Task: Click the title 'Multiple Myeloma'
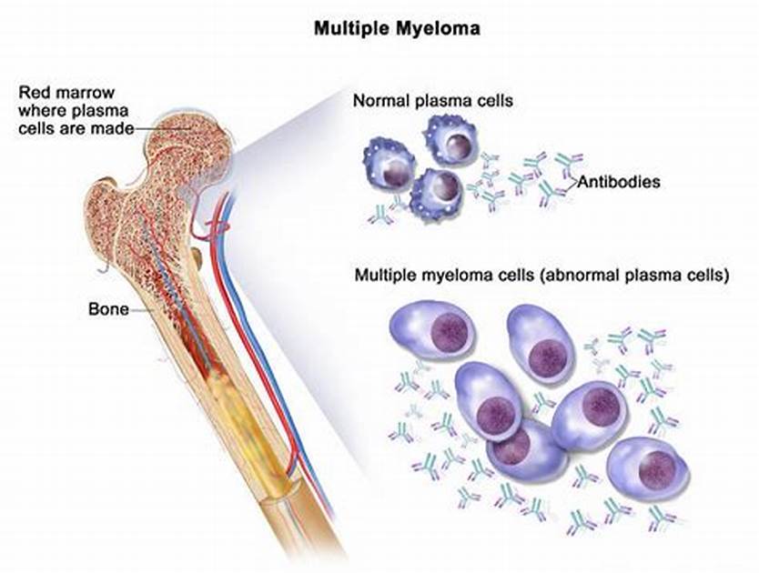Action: click(397, 28)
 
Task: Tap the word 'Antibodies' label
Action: click(618, 182)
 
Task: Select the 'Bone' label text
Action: click(108, 308)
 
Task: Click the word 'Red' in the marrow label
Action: click(35, 91)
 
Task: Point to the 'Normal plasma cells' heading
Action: click(432, 100)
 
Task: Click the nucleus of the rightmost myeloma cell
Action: click(656, 469)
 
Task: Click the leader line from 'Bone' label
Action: click(141, 310)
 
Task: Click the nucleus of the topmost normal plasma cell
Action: click(460, 144)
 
